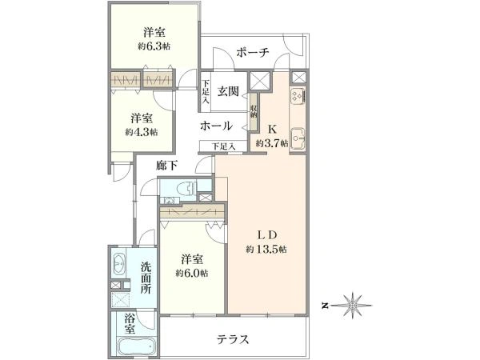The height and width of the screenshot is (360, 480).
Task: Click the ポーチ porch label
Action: [x=253, y=53]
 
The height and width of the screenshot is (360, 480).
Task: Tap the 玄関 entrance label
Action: [x=228, y=91]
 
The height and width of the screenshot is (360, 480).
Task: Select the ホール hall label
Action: [x=217, y=126]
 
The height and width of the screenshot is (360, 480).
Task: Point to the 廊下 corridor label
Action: [x=166, y=166]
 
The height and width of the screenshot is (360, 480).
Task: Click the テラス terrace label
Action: [x=234, y=339]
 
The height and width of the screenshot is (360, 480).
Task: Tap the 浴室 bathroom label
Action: [x=130, y=324]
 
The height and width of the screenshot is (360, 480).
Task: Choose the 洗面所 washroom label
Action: [x=146, y=278]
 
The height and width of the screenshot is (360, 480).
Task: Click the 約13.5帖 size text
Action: [x=266, y=250]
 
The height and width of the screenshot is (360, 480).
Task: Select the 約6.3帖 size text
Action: [x=154, y=46]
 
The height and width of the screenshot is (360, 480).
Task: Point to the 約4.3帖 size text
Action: [x=142, y=132]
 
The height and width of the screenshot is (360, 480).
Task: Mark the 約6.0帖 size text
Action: [x=192, y=273]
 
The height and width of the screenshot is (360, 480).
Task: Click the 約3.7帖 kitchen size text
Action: [x=272, y=143]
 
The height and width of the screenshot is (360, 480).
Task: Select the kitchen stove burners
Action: [x=298, y=96]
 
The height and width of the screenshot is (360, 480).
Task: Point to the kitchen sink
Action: [x=298, y=138]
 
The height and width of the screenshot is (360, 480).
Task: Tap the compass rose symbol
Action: [x=352, y=306]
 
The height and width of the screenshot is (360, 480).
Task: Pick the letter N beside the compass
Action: [x=326, y=306]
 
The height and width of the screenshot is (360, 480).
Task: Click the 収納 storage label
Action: [x=254, y=112]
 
